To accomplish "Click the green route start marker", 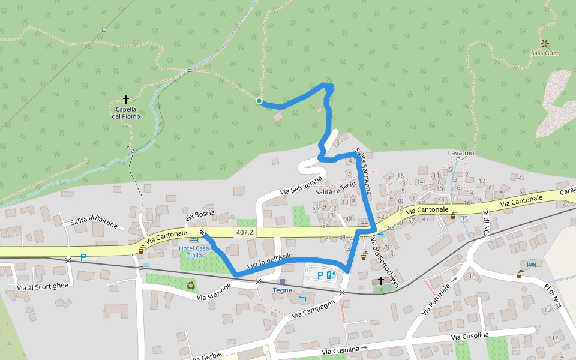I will [259, 101].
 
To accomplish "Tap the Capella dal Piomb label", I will [126, 113].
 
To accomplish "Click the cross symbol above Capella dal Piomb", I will [126, 98].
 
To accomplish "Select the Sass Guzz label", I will [545, 53].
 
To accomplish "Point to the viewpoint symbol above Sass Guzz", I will [545, 43].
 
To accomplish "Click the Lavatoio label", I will [461, 153].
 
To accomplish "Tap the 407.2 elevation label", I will [245, 232].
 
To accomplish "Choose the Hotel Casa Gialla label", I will [194, 251].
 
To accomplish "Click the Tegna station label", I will [282, 290].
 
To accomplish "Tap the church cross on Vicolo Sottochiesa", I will [380, 280].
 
